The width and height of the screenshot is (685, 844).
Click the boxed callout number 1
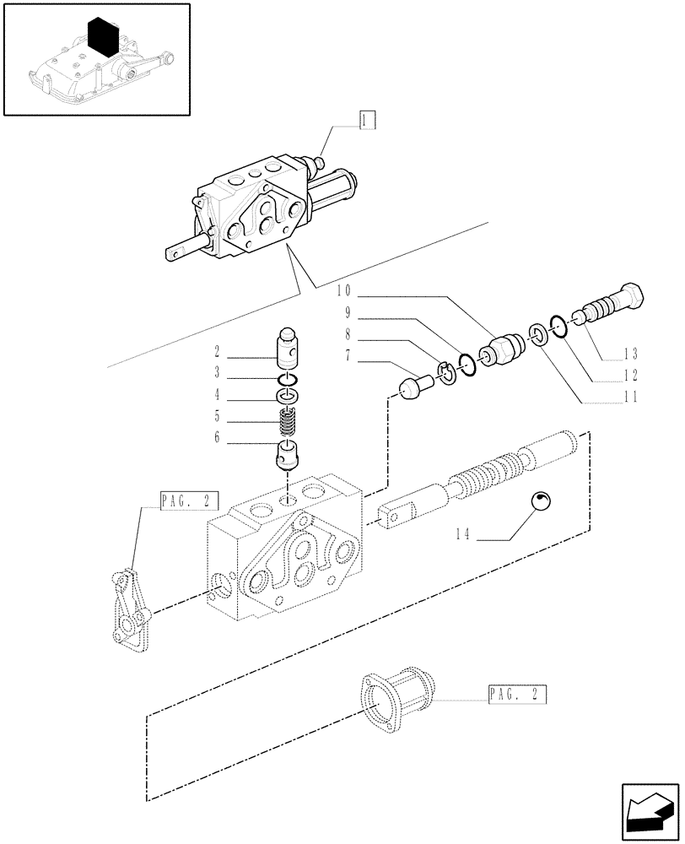pyautogui.click(x=365, y=120)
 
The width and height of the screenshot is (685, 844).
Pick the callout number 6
pyautogui.click(x=218, y=437)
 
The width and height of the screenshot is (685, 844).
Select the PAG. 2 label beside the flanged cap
pyautogui.click(x=516, y=695)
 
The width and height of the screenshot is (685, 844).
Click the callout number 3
pyautogui.click(x=218, y=372)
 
